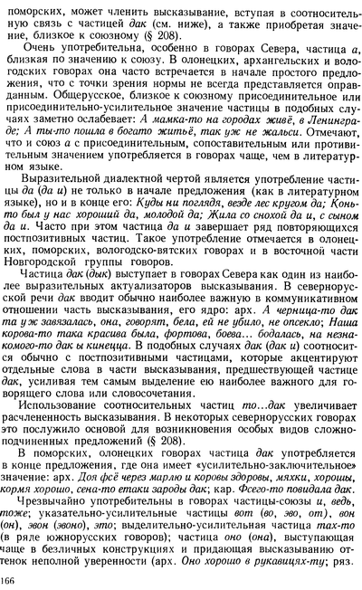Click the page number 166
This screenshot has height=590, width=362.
[x=14, y=579]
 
